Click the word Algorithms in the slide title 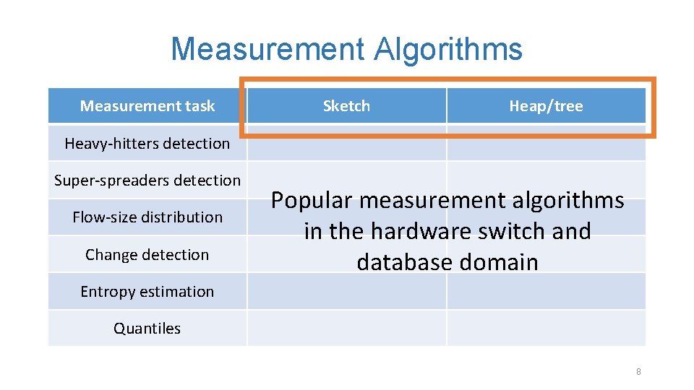tap(448, 49)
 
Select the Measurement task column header tap(147, 106)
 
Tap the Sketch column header tap(346, 106)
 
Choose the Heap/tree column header tap(546, 106)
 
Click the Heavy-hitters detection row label tap(147, 143)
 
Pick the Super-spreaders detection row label tap(147, 180)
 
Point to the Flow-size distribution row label tap(147, 217)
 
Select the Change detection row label tap(147, 254)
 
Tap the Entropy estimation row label tap(147, 291)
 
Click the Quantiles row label tap(147, 328)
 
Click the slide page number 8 tap(638, 371)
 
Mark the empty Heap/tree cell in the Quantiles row tap(546, 328)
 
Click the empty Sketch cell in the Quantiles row tap(346, 328)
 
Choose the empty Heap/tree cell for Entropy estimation tap(546, 291)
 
